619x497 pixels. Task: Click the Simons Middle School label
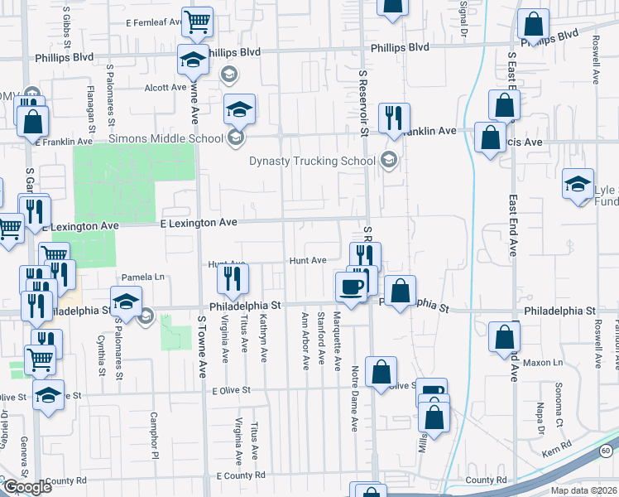(x=166, y=138)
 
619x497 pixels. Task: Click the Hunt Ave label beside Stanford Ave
(x=308, y=260)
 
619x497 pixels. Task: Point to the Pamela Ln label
(x=144, y=277)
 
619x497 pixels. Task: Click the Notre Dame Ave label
(x=354, y=387)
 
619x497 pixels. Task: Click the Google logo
(x=27, y=486)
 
